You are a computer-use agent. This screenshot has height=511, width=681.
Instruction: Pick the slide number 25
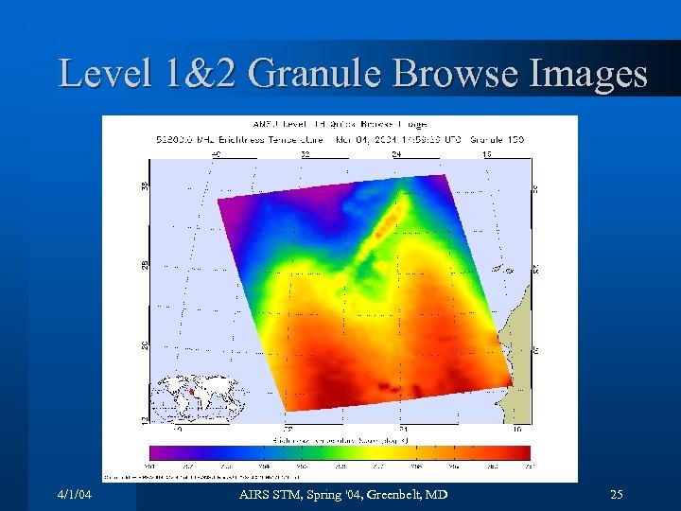click(x=617, y=495)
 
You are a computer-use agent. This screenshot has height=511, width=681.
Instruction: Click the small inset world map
click(x=201, y=396)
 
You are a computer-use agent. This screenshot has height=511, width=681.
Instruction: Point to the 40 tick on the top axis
click(x=216, y=152)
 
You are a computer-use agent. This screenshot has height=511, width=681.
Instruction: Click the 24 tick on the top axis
click(x=395, y=152)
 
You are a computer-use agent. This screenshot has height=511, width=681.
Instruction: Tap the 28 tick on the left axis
click(x=145, y=264)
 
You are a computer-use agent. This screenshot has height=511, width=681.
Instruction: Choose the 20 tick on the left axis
click(x=145, y=344)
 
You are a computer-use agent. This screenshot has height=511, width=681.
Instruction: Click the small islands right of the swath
click(x=502, y=270)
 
